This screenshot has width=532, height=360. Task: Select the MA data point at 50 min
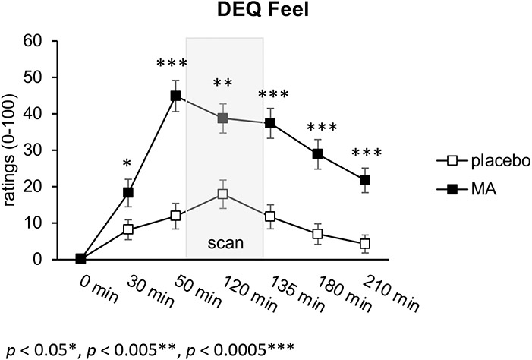pos(176,96)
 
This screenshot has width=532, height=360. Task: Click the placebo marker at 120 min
pos(222,194)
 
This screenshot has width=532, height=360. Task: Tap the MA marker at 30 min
pos(128,193)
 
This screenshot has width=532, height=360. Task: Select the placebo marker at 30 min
pos(128,229)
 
